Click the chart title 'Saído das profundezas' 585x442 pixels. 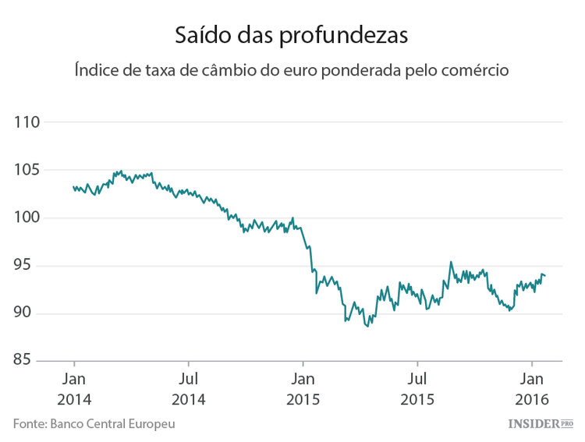[292, 35]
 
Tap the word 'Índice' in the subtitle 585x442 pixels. [97, 70]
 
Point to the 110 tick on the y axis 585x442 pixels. [27, 122]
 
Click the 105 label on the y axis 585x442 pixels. [27, 170]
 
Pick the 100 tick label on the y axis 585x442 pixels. [27, 217]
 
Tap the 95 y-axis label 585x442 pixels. [30, 266]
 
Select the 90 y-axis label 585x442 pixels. [30, 313]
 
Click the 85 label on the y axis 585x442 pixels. [30, 361]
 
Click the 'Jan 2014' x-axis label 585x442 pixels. [73, 389]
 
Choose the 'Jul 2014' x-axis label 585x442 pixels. [188, 389]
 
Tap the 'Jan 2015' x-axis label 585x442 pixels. [303, 389]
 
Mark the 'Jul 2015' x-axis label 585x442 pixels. [417, 389]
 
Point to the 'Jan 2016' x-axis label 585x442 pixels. [532, 389]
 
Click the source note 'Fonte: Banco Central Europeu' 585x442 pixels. [94, 423]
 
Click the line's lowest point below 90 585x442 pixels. [368, 327]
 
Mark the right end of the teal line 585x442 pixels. [545, 276]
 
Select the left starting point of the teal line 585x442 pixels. [73, 187]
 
